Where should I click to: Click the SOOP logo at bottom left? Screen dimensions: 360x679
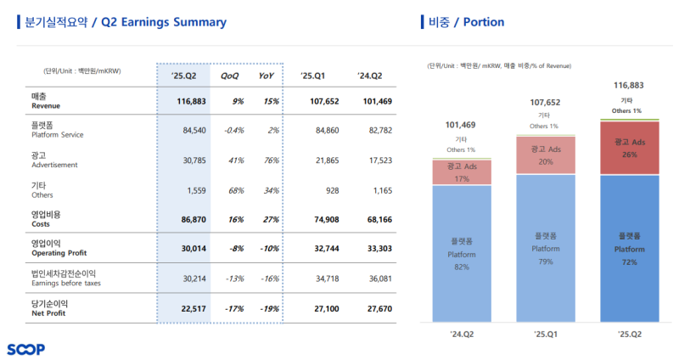(25, 349)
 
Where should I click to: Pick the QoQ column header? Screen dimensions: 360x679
(230, 76)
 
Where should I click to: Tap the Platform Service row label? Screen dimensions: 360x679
(57, 131)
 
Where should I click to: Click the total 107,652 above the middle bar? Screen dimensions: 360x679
(545, 104)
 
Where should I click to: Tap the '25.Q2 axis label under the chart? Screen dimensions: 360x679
(630, 334)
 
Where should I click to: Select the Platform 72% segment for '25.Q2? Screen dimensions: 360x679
(630, 249)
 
